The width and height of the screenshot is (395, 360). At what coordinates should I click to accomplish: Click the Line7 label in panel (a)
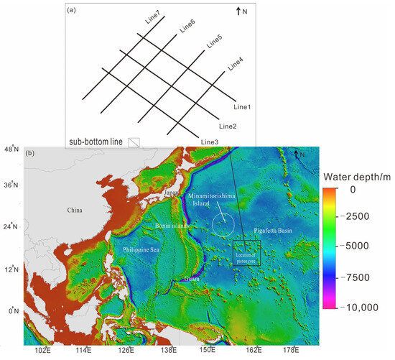pyautogui.click(x=153, y=17)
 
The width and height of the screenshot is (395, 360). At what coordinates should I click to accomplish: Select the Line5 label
pyautogui.click(x=214, y=42)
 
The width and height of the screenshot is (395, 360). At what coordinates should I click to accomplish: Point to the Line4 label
pyautogui.click(x=236, y=64)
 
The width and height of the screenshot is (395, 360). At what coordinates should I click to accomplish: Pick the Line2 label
pyautogui.click(x=228, y=126)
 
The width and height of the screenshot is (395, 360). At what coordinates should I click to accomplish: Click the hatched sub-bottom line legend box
pyautogui.click(x=134, y=142)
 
